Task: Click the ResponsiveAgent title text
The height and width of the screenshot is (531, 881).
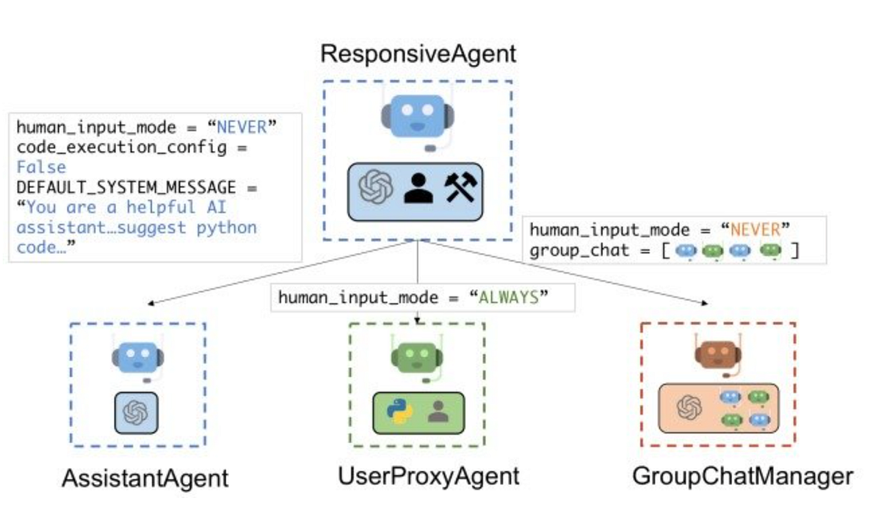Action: pyautogui.click(x=418, y=54)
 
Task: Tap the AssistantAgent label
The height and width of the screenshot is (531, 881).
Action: pyautogui.click(x=145, y=478)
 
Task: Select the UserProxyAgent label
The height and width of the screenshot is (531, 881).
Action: pyautogui.click(x=428, y=476)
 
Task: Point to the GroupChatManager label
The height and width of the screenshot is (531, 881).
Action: pyautogui.click(x=742, y=476)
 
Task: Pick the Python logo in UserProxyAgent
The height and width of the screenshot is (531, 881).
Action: pyautogui.click(x=400, y=411)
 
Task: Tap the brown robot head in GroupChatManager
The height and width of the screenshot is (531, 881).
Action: pyautogui.click(x=719, y=355)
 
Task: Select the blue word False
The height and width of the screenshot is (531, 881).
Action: pyautogui.click(x=40, y=167)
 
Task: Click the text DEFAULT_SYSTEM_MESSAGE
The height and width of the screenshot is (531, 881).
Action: pyautogui.click(x=126, y=188)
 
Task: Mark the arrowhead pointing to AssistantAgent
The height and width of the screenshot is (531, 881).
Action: pyautogui.click(x=150, y=303)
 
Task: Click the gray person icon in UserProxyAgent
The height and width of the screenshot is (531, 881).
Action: pyautogui.click(x=438, y=411)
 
